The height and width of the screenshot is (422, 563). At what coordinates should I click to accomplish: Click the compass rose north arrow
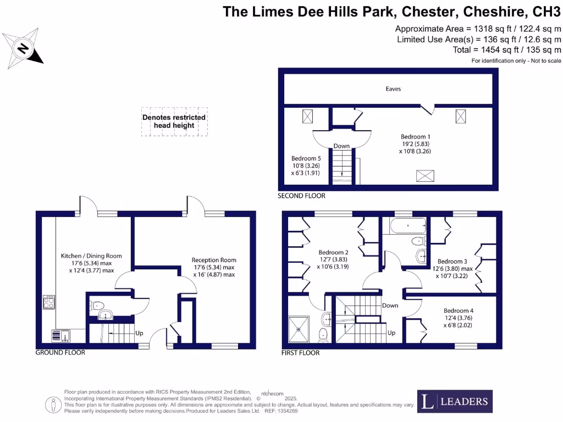tap(23, 48)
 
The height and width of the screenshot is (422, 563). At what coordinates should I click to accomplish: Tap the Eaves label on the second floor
tap(393, 88)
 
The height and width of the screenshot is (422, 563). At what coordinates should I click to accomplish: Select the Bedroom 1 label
tap(415, 136)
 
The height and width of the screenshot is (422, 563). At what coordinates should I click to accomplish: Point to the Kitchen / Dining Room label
tap(91, 256)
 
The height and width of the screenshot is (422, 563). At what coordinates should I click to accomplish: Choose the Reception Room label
tap(213, 260)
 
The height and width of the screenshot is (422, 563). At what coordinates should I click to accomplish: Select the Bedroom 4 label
tap(459, 310)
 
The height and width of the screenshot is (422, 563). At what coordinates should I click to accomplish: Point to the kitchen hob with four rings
tap(49, 302)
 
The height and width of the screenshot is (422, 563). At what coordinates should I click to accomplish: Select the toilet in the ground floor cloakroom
tap(97, 306)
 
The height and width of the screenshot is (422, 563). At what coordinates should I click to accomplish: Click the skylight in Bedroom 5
tap(307, 116)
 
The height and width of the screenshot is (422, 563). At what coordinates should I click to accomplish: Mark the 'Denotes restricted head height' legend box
tap(174, 121)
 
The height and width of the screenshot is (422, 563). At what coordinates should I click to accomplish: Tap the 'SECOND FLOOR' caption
tap(301, 196)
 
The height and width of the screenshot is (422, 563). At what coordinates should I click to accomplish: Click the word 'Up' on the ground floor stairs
tap(139, 334)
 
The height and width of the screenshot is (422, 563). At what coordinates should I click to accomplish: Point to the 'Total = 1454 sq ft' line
tap(506, 50)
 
